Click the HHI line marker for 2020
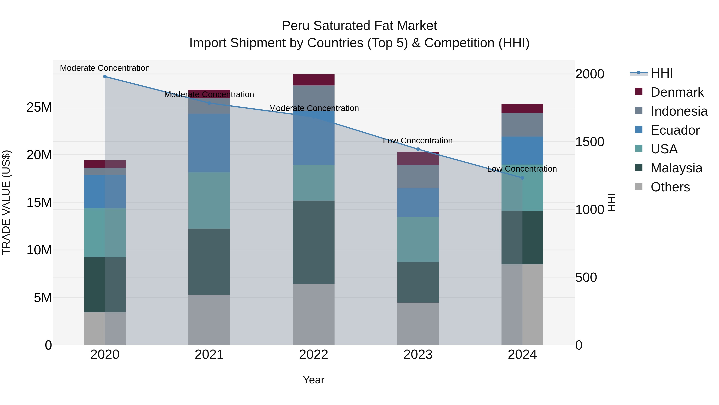(x=105, y=77)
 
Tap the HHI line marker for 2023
(x=418, y=149)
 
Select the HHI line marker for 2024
(x=522, y=178)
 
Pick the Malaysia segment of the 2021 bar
(x=209, y=261)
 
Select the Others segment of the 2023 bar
(x=418, y=323)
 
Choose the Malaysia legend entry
(x=676, y=168)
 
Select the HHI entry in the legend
(x=661, y=73)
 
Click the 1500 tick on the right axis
(x=590, y=142)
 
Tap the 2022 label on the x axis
(x=313, y=355)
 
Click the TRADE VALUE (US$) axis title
(x=6, y=202)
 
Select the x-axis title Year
(x=313, y=380)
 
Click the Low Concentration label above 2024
(x=522, y=169)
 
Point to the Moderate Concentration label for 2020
(x=105, y=68)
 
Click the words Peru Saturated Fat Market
(x=359, y=26)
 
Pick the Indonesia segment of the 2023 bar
(x=418, y=176)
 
